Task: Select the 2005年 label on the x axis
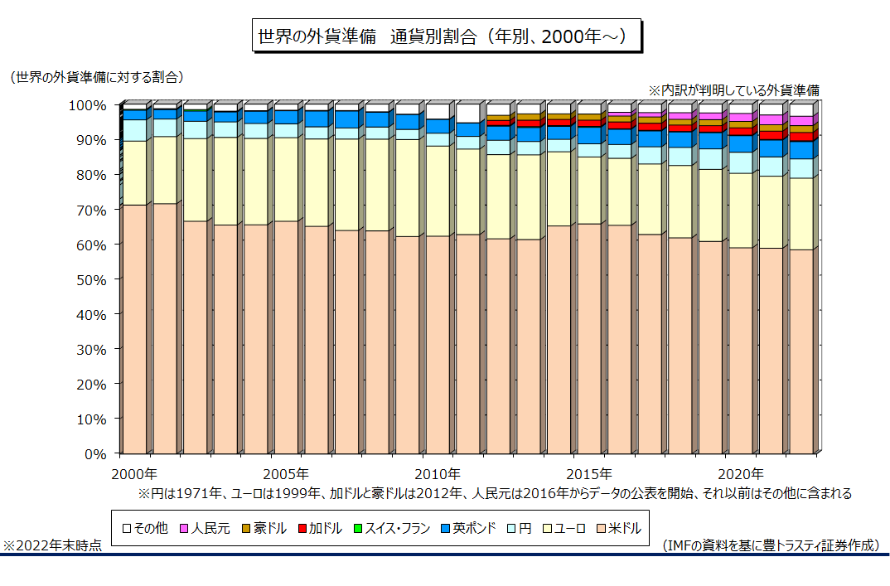pyautogui.click(x=286, y=474)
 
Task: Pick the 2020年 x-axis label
pyautogui.click(x=740, y=474)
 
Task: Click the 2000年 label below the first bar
pyautogui.click(x=134, y=474)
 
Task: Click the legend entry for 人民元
pyautogui.click(x=205, y=528)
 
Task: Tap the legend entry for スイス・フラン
pyautogui.click(x=393, y=528)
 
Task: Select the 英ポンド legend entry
pyautogui.click(x=468, y=528)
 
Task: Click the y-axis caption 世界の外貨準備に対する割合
pyautogui.click(x=97, y=77)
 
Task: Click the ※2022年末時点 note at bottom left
pyautogui.click(x=53, y=546)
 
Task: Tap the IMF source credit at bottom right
pyautogui.click(x=771, y=546)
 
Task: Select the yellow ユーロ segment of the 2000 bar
pyautogui.click(x=134, y=172)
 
